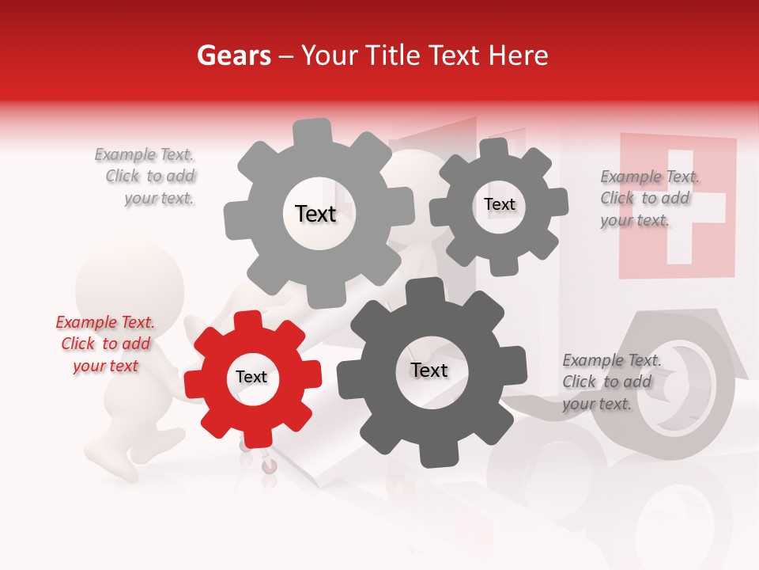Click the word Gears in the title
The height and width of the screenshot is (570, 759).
233,55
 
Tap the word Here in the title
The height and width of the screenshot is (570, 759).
519,55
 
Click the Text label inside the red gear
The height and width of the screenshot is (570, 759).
251,378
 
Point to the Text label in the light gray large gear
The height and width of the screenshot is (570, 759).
315,214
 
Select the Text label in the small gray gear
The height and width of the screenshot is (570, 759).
500,204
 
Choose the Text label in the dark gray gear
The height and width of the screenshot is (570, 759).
429,370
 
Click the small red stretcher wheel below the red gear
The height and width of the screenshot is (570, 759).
270,468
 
